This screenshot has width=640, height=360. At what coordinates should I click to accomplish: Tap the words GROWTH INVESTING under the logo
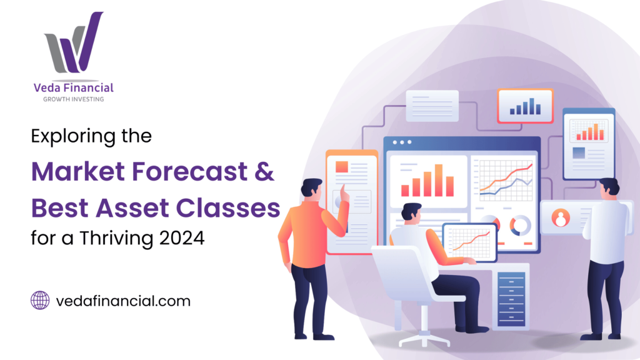[x=74, y=99]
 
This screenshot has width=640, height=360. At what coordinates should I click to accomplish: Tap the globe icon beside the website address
[x=40, y=301]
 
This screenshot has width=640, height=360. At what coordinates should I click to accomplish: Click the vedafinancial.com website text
[x=122, y=301]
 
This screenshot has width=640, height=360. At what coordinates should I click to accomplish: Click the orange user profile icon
[x=561, y=218]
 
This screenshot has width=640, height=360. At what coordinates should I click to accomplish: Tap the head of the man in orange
[x=311, y=187]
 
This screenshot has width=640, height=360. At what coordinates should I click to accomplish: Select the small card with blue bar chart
[x=525, y=106]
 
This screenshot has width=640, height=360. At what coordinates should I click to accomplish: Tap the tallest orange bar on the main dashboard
[x=439, y=180]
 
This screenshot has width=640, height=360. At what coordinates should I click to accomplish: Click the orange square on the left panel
[x=341, y=166]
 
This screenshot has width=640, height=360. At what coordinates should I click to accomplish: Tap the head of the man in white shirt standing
[x=608, y=187]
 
